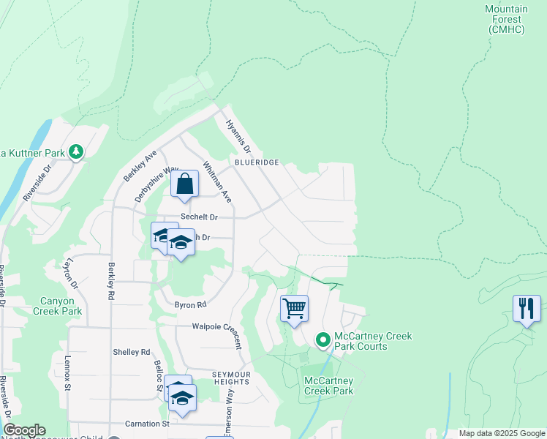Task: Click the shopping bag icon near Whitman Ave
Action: (x=185, y=184)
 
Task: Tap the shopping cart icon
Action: (x=294, y=309)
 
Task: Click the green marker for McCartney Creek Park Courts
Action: (x=322, y=340)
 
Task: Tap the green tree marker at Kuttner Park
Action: (x=76, y=152)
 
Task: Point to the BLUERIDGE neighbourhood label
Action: (x=257, y=162)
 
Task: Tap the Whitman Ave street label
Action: (x=217, y=182)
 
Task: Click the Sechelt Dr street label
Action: (x=200, y=217)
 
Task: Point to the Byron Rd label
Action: (x=190, y=304)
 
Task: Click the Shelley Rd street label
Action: (x=131, y=352)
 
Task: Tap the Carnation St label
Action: (x=147, y=424)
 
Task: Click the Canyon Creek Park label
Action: (x=57, y=306)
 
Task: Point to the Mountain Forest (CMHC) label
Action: (x=506, y=19)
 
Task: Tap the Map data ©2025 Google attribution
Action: (x=501, y=433)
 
